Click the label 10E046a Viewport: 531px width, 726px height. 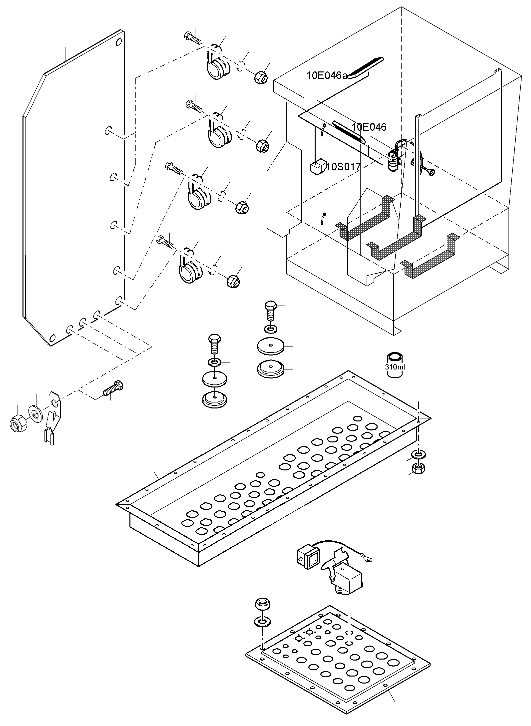point(327,76)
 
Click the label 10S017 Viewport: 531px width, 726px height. point(344,167)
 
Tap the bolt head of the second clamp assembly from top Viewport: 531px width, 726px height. point(190,104)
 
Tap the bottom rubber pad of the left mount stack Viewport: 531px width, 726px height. point(214,400)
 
